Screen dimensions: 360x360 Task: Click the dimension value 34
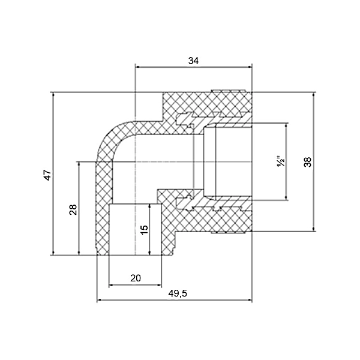pyautogui.click(x=193, y=61)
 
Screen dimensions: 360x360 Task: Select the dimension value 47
pyautogui.click(x=48, y=175)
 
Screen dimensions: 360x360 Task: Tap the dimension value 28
pyautogui.click(x=73, y=209)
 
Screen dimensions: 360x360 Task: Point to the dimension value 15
pyautogui.click(x=144, y=230)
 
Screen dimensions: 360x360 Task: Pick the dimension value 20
pyautogui.click(x=136, y=278)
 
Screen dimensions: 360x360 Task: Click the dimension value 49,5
pyautogui.click(x=178, y=293)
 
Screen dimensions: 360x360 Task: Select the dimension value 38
pyautogui.click(x=308, y=162)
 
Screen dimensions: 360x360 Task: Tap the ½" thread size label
pyautogui.click(x=281, y=162)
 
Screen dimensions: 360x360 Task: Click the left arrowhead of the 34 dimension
pyautogui.click(x=139, y=67)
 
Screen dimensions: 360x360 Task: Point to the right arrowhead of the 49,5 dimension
pyautogui.click(x=250, y=300)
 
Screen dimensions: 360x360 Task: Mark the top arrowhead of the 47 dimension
pyautogui.click(x=54, y=95)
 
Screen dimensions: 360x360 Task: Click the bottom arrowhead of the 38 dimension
pyautogui.click(x=313, y=229)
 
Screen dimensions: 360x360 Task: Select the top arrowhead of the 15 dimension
pyautogui.click(x=149, y=206)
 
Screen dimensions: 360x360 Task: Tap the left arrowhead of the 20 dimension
pyautogui.click(x=112, y=285)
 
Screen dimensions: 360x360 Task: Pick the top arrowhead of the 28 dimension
pyautogui.click(x=79, y=164)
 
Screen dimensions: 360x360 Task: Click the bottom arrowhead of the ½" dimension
pyautogui.click(x=286, y=197)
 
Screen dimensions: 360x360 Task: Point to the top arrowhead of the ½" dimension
pyautogui.click(x=286, y=126)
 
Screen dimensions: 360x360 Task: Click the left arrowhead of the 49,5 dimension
pyautogui.click(x=100, y=300)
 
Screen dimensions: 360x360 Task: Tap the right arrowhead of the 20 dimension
pyautogui.click(x=159, y=285)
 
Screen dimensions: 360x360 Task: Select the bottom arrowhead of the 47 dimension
pyautogui.click(x=54, y=253)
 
